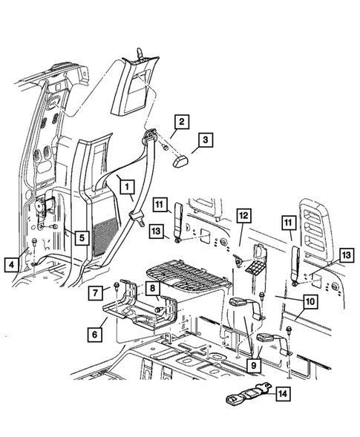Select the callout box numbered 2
point(182,122)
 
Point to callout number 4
point(10,263)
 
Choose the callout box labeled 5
point(81,238)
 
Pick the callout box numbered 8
point(151,289)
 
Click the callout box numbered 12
point(244,216)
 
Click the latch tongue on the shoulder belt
point(137,217)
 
